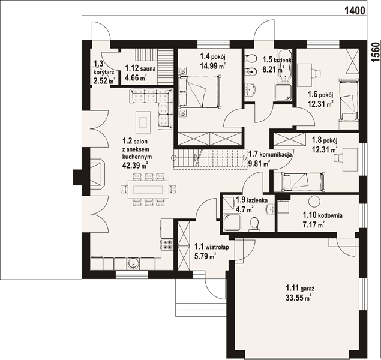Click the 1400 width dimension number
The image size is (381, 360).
355,11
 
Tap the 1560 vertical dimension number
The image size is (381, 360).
376,52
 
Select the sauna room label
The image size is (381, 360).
140,68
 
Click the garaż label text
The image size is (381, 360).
300,289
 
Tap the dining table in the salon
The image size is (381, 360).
148,189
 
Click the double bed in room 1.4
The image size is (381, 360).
199,91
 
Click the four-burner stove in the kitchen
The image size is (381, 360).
167,245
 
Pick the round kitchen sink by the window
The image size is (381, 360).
133,263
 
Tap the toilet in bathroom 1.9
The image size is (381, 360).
254,224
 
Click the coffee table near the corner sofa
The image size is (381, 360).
143,122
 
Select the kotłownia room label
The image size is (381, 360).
322,215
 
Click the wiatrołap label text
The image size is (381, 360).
211,247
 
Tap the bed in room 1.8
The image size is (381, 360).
303,182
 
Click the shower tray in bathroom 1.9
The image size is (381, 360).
232,222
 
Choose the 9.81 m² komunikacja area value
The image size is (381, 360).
259,164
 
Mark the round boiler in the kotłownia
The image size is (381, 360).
314,201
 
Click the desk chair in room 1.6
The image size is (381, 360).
316,73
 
